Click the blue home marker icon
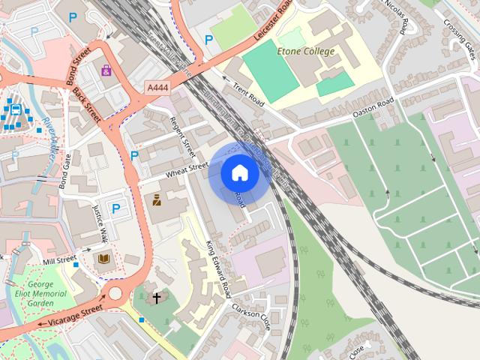tap(239, 173)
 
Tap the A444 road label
tap(157, 88)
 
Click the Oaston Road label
tap(373, 109)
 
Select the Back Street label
tap(86, 105)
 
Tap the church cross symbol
tap(157, 298)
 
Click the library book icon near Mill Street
tap(102, 259)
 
